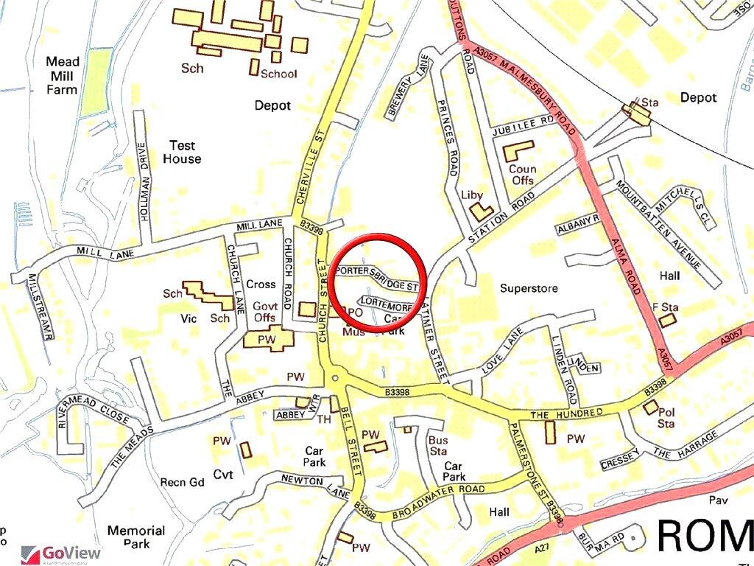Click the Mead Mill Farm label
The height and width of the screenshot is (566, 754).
coord(63,75)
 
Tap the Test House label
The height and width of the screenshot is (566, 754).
coord(182,152)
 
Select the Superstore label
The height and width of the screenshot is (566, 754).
coord(528,288)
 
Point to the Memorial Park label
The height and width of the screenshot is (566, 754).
coord(136,537)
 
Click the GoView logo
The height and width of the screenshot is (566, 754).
coord(62,553)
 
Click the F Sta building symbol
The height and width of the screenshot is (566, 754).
coord(666,320)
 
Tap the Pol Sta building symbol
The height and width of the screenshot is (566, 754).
coord(650,408)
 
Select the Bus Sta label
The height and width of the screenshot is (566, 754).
coord(438,446)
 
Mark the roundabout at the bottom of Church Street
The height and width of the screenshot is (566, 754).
coord(335,379)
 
